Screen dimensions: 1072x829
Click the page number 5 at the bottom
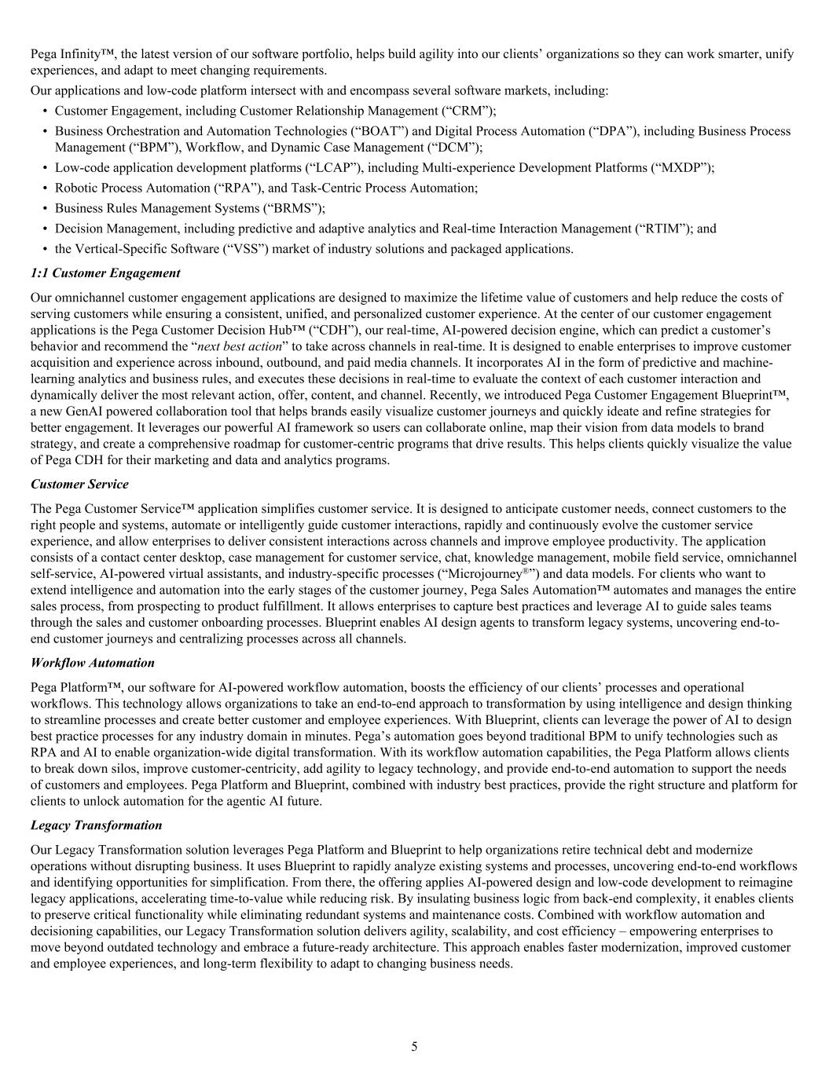coord(414,1046)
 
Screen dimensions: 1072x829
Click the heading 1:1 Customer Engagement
coord(105,273)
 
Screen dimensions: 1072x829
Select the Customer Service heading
coord(79,484)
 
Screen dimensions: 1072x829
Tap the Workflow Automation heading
coord(93,663)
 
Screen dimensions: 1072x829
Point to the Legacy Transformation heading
coord(97,825)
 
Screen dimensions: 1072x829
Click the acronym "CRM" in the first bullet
coord(473,111)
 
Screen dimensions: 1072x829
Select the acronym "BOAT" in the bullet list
coord(381,131)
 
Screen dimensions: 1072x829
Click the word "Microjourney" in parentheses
coord(486,573)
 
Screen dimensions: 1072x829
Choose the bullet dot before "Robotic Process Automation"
coord(46,188)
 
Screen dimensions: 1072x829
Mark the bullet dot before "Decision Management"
coord(46,229)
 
